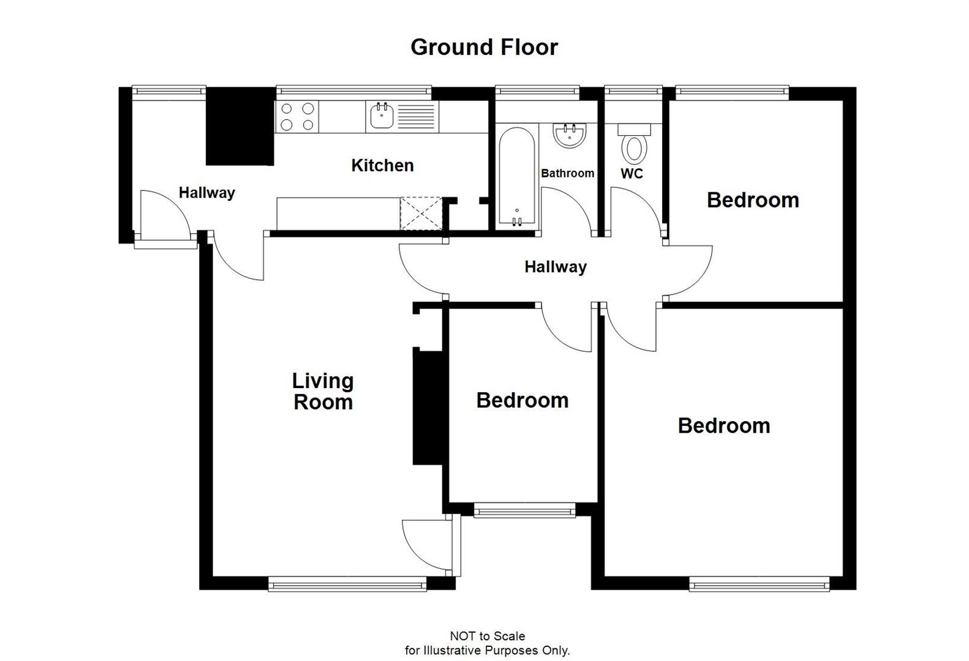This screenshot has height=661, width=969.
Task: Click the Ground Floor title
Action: pyautogui.click(x=484, y=47)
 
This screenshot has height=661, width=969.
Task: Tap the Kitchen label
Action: pyautogui.click(x=382, y=165)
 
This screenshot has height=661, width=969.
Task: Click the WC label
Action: pyautogui.click(x=632, y=174)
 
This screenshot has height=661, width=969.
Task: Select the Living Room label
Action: pyautogui.click(x=323, y=392)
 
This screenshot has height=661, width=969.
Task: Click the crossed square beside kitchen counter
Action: pyautogui.click(x=421, y=213)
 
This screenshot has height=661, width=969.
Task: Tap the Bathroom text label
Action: pyautogui.click(x=567, y=173)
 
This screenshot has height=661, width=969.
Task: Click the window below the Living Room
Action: pyautogui.click(x=347, y=586)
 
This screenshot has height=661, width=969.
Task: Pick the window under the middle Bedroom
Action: pyautogui.click(x=525, y=510)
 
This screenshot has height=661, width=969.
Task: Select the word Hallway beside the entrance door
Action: pyautogui.click(x=206, y=193)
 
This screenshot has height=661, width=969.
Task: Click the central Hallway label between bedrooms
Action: pyautogui.click(x=556, y=267)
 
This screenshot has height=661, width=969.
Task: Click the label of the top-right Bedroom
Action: pyautogui.click(x=753, y=200)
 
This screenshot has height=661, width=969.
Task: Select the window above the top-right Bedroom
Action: pyautogui.click(x=733, y=92)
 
